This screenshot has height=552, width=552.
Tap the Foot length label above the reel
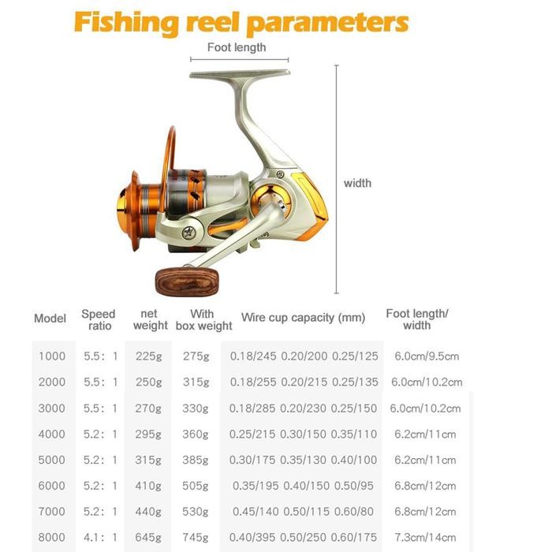[x=237, y=47]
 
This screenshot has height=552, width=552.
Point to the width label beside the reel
[x=357, y=183]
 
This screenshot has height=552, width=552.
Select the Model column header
[x=50, y=319]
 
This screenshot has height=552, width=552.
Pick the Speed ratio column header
[x=99, y=319]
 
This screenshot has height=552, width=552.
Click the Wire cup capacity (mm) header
[x=303, y=318]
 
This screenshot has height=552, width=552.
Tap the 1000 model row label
[x=52, y=356]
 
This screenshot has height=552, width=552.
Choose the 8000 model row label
[x=52, y=538]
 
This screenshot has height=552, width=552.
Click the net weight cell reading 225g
[x=148, y=356]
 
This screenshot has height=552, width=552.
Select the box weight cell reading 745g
[x=196, y=538]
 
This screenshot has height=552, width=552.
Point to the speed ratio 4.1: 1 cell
[x=101, y=538]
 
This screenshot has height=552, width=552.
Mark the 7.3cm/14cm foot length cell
[x=426, y=538]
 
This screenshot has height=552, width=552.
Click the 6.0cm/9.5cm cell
[x=427, y=356]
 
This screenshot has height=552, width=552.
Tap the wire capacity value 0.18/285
[x=253, y=408]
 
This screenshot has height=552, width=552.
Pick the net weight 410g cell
[x=148, y=486]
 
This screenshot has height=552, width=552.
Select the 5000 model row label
[x=52, y=460]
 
